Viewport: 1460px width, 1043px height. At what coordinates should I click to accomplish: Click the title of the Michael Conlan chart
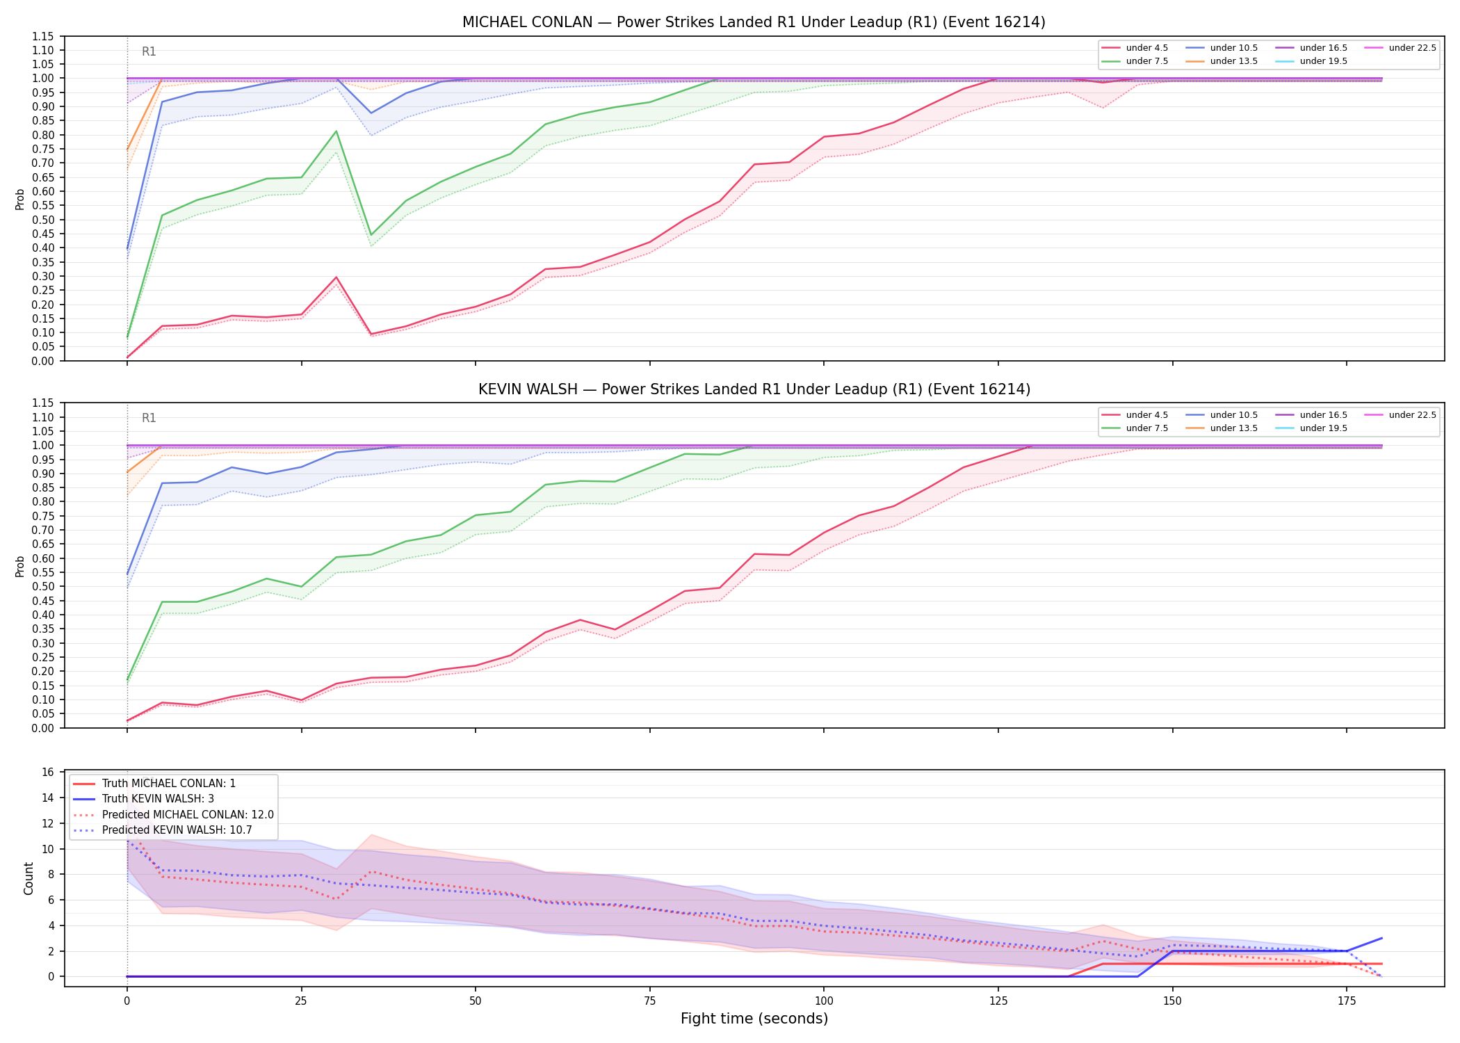(x=754, y=22)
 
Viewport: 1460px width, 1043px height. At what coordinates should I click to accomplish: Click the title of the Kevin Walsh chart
(x=754, y=389)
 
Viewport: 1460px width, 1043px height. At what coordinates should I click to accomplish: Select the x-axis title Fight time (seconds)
(x=754, y=1019)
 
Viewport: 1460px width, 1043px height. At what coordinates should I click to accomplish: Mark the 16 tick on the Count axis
(x=48, y=772)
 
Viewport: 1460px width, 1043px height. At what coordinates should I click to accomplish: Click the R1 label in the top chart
(x=149, y=51)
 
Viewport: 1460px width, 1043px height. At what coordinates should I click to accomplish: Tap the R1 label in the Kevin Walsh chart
(x=149, y=418)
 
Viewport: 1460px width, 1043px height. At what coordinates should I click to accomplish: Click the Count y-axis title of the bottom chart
(x=29, y=878)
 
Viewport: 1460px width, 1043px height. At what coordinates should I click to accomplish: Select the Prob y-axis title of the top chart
(x=20, y=199)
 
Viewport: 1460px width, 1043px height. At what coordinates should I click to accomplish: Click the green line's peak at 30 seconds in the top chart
(x=336, y=131)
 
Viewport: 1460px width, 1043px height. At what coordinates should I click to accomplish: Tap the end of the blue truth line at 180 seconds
(x=1381, y=938)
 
